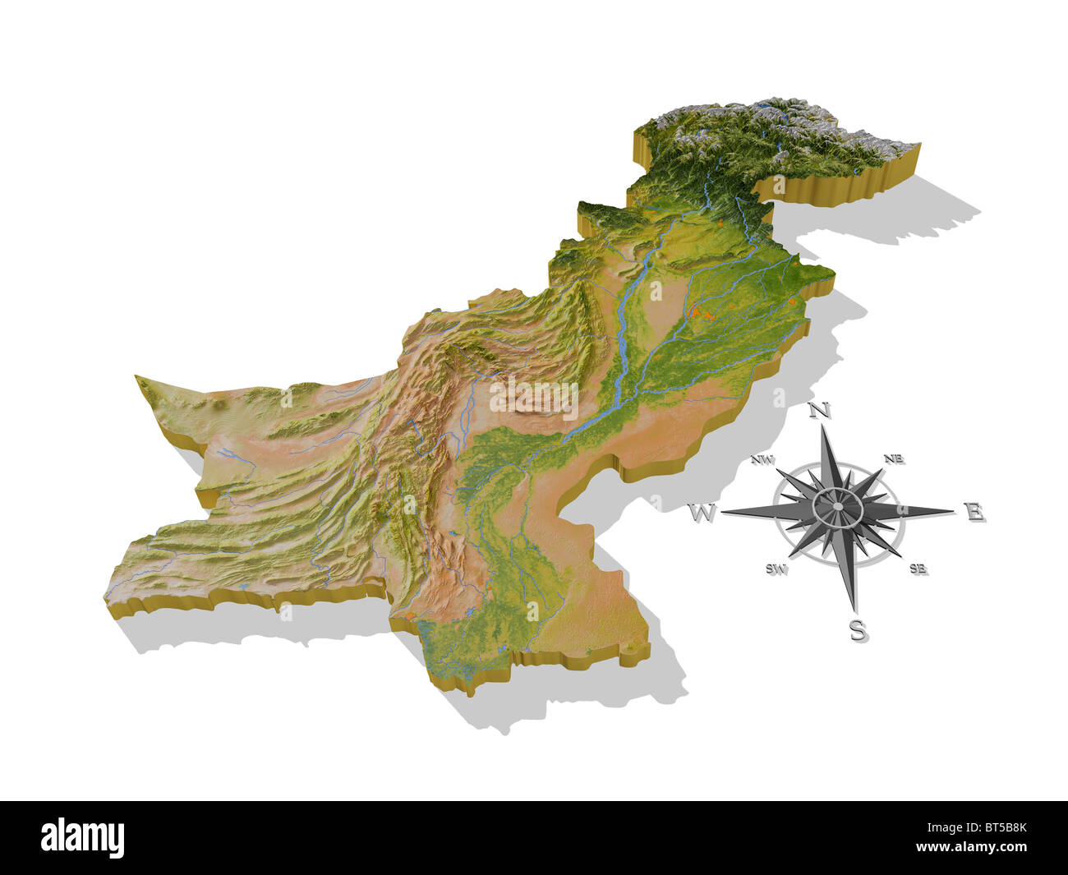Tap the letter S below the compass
(857, 630)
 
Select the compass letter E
(975, 513)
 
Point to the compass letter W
(701, 514)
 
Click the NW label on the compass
(762, 461)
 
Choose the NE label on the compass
(895, 458)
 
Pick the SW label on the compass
(776, 569)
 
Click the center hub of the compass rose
(836, 507)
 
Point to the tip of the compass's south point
(853, 612)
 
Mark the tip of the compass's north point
(826, 427)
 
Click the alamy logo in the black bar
(83, 837)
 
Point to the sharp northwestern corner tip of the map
(137, 377)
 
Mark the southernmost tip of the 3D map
(470, 694)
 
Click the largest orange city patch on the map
(700, 311)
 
